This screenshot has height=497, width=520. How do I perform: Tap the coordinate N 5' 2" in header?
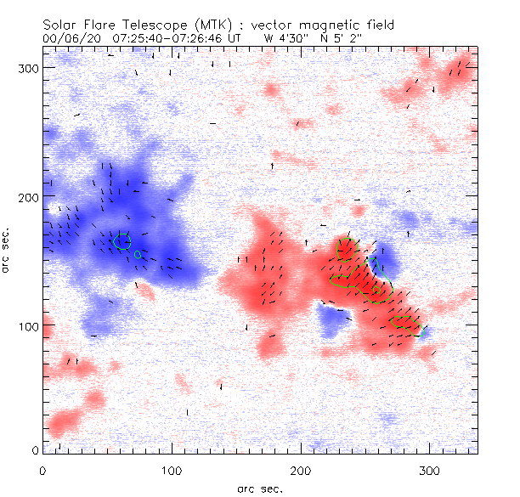point(341,39)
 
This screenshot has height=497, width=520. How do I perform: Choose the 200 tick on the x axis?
point(301,470)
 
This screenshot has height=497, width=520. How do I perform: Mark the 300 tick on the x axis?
point(430,470)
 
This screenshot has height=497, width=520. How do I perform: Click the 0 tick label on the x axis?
point(42,470)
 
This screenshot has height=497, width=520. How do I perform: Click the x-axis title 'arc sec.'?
point(260,489)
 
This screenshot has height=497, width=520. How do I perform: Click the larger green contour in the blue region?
point(121,242)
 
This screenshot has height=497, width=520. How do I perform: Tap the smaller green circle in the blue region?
point(137,254)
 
